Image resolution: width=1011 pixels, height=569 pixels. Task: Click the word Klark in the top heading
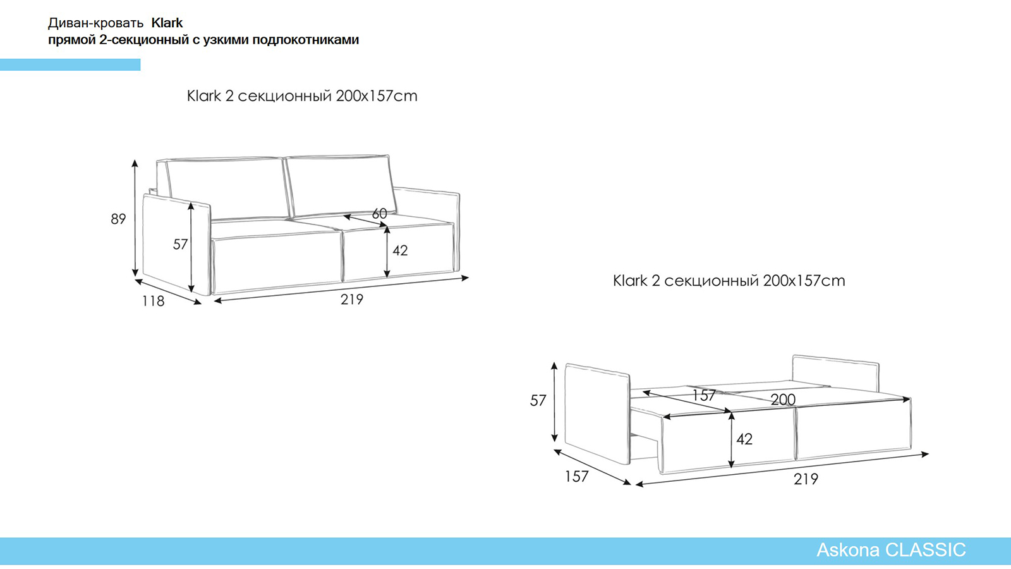click(x=167, y=23)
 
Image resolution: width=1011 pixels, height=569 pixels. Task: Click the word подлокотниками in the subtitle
click(x=306, y=40)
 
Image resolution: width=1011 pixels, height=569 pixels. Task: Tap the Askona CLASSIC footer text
click(x=891, y=550)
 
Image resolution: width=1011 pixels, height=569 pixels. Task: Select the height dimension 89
click(x=118, y=219)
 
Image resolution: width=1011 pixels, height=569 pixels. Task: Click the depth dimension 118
click(x=154, y=301)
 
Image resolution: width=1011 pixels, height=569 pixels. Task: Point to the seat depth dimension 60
click(x=380, y=214)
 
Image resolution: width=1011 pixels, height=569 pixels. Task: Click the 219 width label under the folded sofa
click(x=352, y=300)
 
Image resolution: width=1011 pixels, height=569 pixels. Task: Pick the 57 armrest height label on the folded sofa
click(x=180, y=244)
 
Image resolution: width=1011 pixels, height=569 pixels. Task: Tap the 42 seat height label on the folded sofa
click(x=400, y=250)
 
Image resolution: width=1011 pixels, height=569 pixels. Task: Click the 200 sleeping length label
click(x=783, y=399)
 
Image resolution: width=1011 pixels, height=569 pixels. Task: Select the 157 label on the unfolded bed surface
click(x=704, y=396)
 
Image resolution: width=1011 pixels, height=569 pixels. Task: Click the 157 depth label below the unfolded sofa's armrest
click(x=577, y=477)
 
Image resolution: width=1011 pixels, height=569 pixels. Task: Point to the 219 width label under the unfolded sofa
click(x=806, y=479)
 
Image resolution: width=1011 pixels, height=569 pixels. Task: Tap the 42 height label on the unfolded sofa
click(x=744, y=439)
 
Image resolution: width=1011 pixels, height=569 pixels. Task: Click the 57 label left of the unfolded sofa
click(x=538, y=401)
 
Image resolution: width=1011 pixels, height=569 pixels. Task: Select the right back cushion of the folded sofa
click(x=341, y=186)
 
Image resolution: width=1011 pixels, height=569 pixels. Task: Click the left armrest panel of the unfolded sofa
click(x=597, y=413)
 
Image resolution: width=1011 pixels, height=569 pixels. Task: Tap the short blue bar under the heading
click(x=70, y=64)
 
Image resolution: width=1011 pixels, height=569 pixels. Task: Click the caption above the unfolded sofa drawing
click(x=729, y=281)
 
